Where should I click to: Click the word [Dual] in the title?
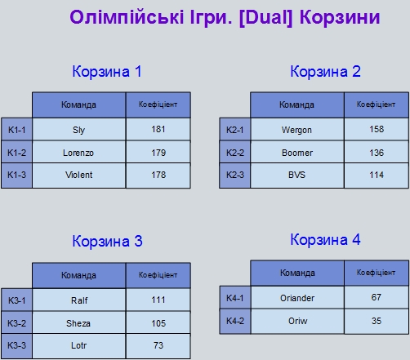click(265, 18)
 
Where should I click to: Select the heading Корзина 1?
click(107, 72)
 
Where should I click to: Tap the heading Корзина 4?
click(325, 240)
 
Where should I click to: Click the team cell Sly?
click(79, 130)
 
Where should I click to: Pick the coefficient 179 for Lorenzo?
click(158, 153)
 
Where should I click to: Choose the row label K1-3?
click(17, 175)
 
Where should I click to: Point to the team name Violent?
click(79, 175)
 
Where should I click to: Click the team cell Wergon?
click(296, 130)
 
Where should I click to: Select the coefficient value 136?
click(377, 153)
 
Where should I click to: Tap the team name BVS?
click(297, 175)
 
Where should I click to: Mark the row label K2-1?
click(235, 130)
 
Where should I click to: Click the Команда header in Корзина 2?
click(296, 104)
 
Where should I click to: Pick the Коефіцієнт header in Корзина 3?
click(158, 275)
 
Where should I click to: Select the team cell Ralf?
click(79, 300)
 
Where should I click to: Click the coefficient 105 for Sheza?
click(158, 323)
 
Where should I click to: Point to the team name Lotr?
click(79, 345)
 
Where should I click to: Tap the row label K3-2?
click(17, 323)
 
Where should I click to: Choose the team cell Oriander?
click(297, 298)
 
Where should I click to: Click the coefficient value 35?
click(377, 321)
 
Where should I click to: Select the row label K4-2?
click(235, 321)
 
